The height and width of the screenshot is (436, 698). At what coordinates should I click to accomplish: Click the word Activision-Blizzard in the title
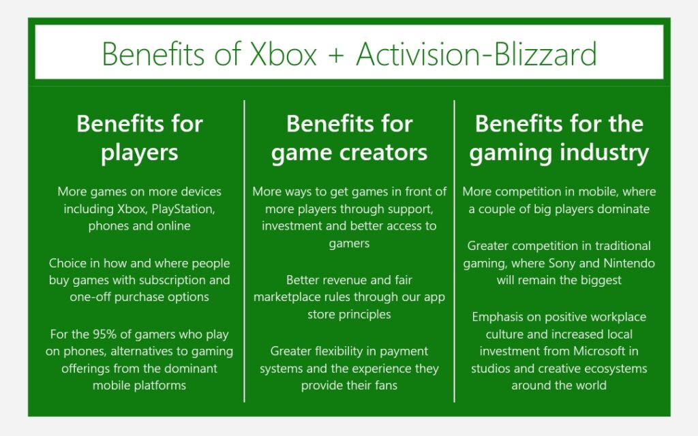476,54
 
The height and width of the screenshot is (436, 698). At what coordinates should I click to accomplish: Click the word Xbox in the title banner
283,54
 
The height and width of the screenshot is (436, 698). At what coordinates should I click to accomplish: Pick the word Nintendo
629,264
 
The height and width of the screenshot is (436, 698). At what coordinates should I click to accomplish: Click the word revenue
345,280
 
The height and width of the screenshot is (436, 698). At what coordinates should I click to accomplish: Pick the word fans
386,386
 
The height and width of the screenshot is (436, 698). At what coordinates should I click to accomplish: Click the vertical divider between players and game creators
245,251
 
